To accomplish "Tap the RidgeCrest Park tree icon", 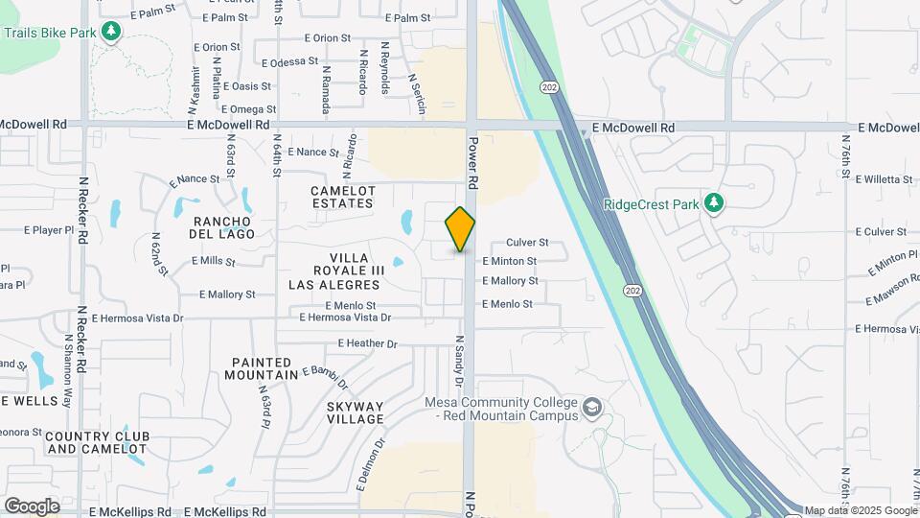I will [712, 203].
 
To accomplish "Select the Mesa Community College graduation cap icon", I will [592, 408].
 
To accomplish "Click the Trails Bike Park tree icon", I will [112, 32].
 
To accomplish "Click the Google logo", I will [32, 506].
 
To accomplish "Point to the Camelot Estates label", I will [342, 197].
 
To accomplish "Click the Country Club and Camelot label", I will [96, 442].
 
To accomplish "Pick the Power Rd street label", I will [472, 161].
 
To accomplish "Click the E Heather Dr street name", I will [367, 343].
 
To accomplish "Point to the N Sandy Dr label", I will [459, 361].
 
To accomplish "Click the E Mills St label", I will [214, 260].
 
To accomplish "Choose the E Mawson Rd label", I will [890, 291].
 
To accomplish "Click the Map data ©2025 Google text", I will [860, 510].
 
